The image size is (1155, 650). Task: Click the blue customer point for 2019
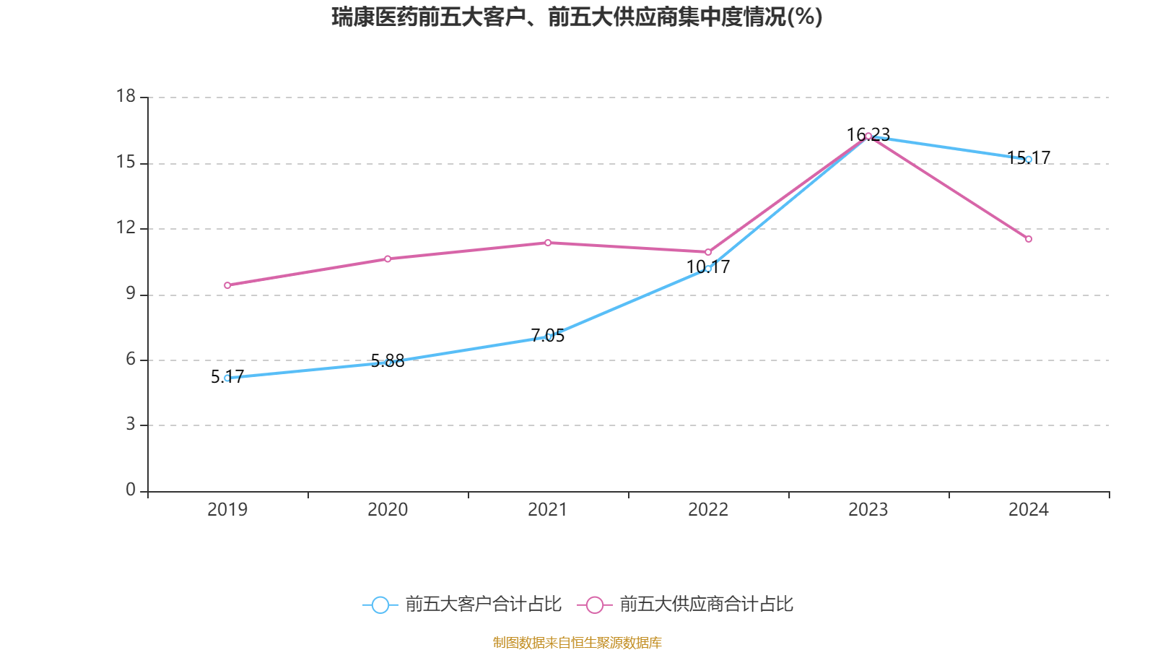[x=227, y=378]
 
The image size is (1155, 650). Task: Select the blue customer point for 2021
[x=548, y=337]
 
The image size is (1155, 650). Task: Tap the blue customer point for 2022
[x=708, y=268]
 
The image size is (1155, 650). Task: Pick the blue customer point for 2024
[x=1029, y=160]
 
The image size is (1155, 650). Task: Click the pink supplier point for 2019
[x=227, y=285]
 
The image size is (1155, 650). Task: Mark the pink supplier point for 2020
[x=388, y=259]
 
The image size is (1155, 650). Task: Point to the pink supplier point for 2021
[x=548, y=243]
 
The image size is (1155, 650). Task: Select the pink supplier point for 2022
[x=708, y=252]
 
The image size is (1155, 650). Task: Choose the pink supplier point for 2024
[x=1029, y=239]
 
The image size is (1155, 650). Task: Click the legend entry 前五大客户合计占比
[x=462, y=604]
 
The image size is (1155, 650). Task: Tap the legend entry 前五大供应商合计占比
[x=686, y=604]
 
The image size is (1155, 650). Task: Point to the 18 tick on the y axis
[x=126, y=96]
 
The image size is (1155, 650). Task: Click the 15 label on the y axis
[x=126, y=162]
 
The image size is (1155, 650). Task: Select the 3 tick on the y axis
[x=131, y=424]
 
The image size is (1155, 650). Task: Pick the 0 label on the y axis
[x=131, y=490]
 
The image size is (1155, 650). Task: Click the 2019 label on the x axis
[x=227, y=510]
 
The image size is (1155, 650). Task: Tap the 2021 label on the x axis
[x=548, y=510]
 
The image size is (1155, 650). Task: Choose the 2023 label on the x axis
[x=868, y=510]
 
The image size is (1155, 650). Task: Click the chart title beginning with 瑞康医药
[x=577, y=17]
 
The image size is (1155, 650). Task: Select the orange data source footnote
[x=577, y=642]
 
